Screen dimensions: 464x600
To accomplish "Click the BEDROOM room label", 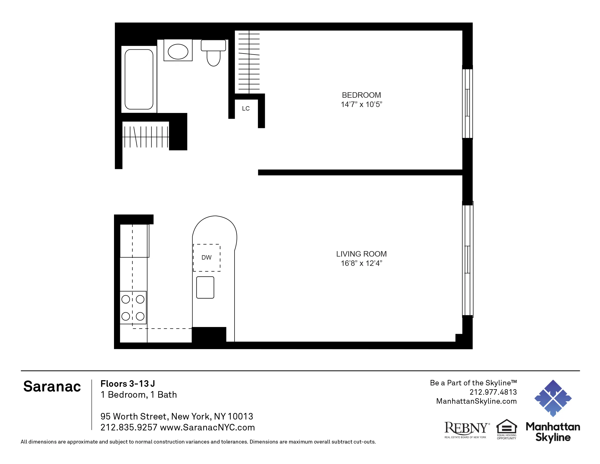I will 361,95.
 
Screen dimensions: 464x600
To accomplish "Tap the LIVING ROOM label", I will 361,254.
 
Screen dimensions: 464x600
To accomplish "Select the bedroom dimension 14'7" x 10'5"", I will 361,105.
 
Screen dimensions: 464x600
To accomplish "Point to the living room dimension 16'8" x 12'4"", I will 361,263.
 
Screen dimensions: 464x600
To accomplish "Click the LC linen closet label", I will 246,109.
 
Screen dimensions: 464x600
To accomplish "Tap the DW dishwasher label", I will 206,258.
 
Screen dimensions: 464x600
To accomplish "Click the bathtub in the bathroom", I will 139,79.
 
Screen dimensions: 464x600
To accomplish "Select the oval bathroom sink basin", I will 178,51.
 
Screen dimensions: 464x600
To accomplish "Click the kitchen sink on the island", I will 205,287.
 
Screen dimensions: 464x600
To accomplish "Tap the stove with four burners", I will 133,308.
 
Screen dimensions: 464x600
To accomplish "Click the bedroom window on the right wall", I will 467,103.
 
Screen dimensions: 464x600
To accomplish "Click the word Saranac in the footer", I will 52,386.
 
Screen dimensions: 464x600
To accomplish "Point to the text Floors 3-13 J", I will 128,384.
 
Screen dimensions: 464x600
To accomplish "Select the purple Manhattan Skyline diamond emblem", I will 553,398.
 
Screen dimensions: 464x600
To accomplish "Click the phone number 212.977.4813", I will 493,392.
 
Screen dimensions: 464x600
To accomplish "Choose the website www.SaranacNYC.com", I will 208,427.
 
